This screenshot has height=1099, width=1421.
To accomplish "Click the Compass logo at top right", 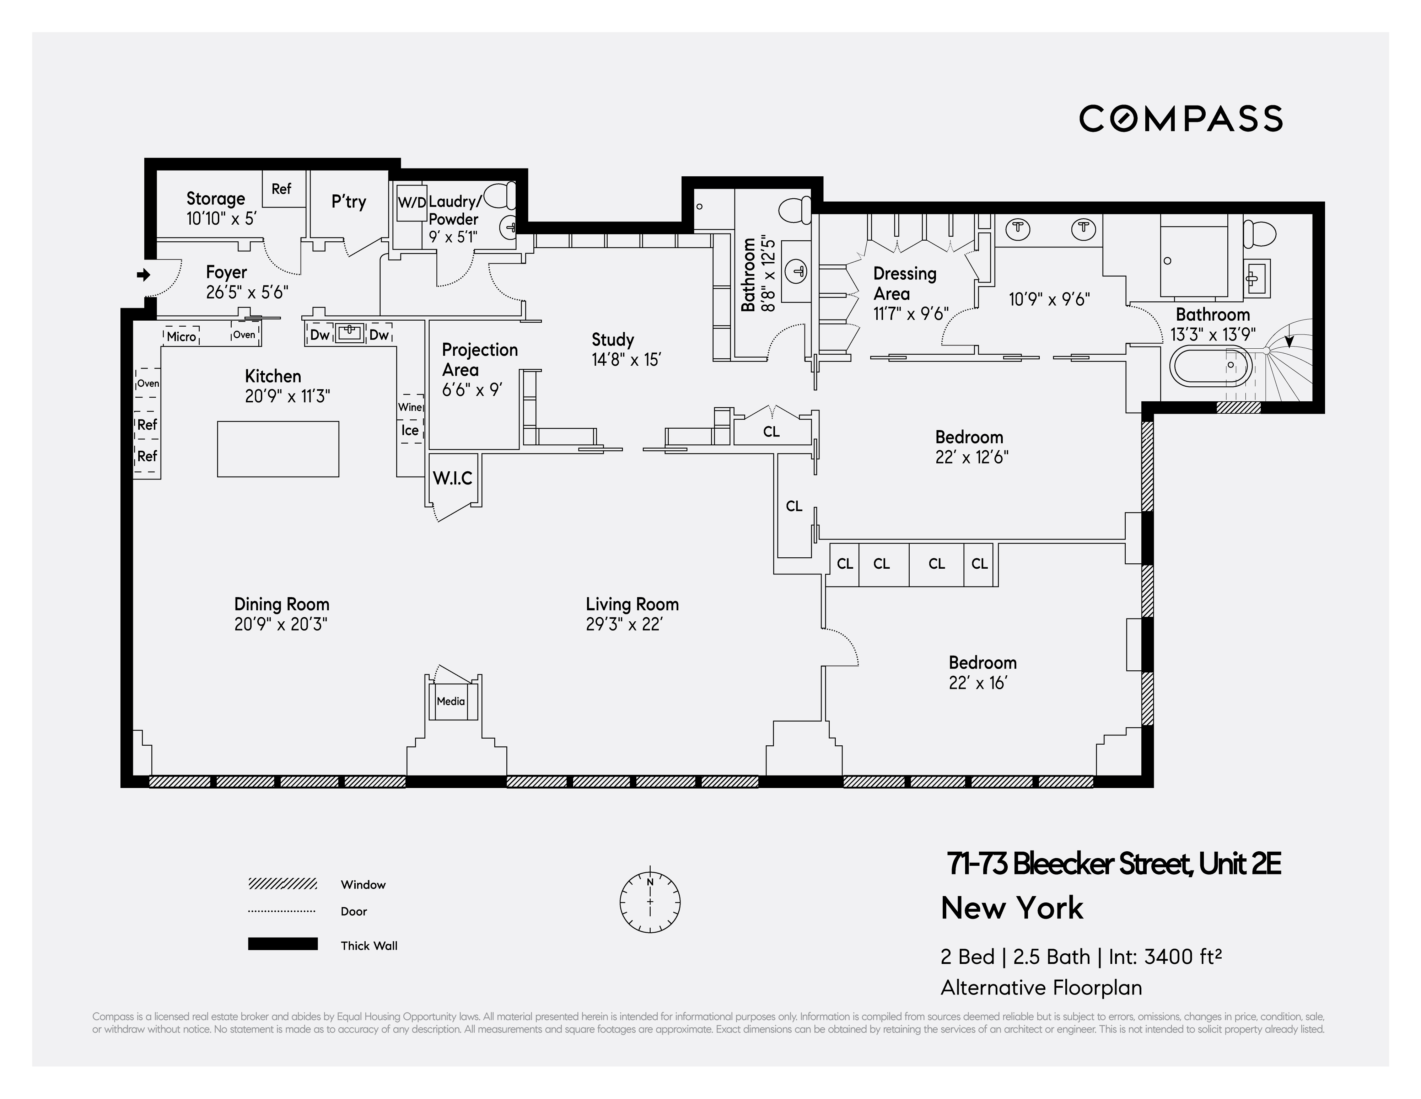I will pyautogui.click(x=1180, y=118).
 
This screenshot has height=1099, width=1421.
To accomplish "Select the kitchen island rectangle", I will pyautogui.click(x=278, y=449).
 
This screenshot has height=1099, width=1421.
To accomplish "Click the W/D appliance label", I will pyautogui.click(x=411, y=202).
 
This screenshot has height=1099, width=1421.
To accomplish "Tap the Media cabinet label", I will pyautogui.click(x=451, y=701).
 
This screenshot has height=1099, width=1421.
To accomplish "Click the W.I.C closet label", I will pyautogui.click(x=453, y=478).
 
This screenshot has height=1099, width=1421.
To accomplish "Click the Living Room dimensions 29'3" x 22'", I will pyautogui.click(x=624, y=624).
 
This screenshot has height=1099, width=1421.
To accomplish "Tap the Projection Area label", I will pyautogui.click(x=479, y=359).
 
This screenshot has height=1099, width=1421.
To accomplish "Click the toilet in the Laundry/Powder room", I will pyautogui.click(x=501, y=194).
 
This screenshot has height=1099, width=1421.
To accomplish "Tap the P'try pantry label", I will pyautogui.click(x=349, y=202).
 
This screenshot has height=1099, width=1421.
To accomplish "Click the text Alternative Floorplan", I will pyautogui.click(x=1041, y=988).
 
